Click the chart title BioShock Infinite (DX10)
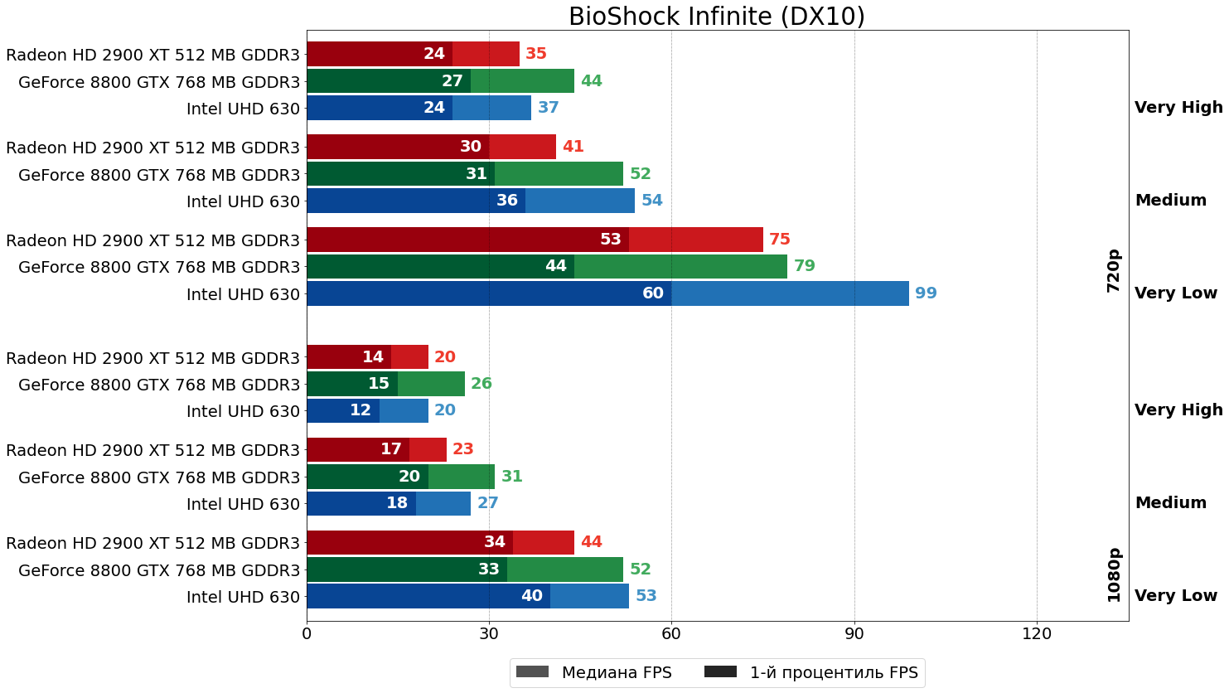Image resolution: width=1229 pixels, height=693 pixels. (x=717, y=17)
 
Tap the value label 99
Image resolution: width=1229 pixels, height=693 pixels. (x=926, y=293)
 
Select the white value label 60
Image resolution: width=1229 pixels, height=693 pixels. (x=653, y=293)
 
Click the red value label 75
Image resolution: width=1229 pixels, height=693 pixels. (x=779, y=240)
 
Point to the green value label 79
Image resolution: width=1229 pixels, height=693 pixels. (x=804, y=266)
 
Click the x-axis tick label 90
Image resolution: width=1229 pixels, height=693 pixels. (x=854, y=634)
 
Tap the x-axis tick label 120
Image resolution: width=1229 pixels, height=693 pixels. (x=1037, y=634)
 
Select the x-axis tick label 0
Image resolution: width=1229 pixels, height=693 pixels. (x=307, y=634)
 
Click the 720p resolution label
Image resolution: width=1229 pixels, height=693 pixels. (x=1114, y=270)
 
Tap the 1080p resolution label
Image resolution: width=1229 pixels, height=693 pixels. (x=1114, y=574)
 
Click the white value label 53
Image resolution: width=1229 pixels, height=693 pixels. (x=611, y=240)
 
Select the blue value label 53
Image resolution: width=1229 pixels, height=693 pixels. (x=646, y=596)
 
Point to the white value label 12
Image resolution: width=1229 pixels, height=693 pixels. (x=360, y=410)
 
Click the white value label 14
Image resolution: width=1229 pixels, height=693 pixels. (x=373, y=357)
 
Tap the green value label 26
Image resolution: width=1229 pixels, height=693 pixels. (x=481, y=384)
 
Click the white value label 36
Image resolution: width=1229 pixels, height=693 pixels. (x=507, y=201)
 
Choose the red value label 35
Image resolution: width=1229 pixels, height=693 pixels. (x=536, y=54)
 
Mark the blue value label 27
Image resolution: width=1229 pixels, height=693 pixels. (x=487, y=503)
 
